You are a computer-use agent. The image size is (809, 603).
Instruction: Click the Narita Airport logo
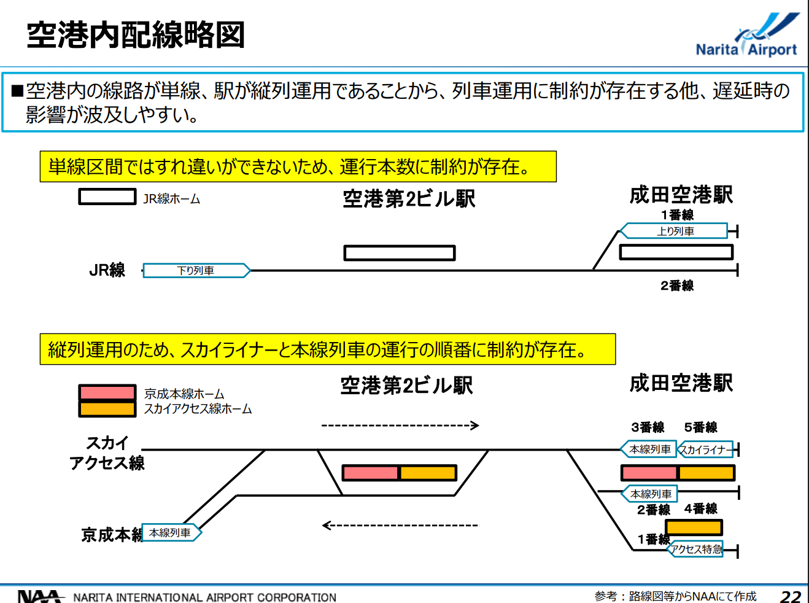click(747, 34)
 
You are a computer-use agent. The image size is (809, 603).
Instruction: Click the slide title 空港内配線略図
click(136, 34)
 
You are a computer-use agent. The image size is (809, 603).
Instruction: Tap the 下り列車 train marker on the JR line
click(196, 270)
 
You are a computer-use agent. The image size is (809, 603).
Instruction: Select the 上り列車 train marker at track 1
click(674, 231)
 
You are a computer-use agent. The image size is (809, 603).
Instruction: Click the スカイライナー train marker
click(705, 449)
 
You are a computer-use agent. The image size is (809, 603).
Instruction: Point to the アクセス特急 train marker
click(695, 549)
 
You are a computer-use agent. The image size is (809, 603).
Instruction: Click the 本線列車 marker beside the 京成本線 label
click(171, 532)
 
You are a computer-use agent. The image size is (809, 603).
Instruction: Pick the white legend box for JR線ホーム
click(107, 196)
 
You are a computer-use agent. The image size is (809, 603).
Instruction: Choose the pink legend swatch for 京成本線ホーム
click(107, 392)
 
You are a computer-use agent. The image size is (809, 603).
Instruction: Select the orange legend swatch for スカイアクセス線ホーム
click(107, 409)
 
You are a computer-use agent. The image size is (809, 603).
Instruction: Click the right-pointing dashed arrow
click(400, 426)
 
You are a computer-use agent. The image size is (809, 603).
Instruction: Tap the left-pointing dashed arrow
click(400, 525)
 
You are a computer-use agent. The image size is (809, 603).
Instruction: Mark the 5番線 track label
click(701, 427)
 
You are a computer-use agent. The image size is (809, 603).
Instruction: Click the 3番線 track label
click(648, 427)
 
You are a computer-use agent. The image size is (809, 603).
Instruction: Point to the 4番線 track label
click(701, 508)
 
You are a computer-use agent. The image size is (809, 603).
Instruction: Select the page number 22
click(791, 596)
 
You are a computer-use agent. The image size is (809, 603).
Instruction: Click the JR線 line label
click(107, 270)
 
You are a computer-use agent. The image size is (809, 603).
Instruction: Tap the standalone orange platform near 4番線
click(694, 527)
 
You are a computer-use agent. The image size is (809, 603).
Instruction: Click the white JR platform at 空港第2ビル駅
click(400, 252)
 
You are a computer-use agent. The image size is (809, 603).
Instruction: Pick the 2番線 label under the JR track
click(677, 286)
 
